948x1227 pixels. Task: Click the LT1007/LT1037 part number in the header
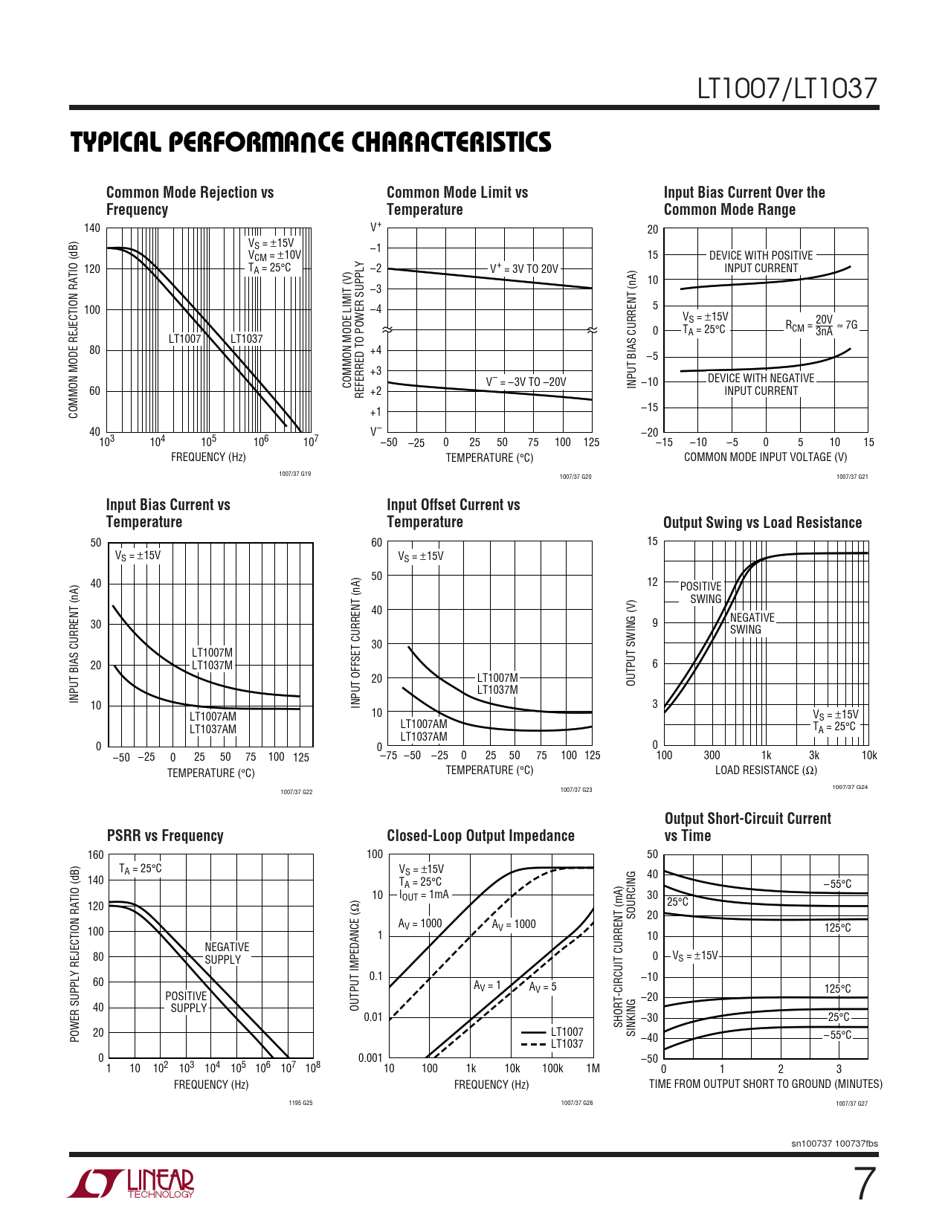coord(787,89)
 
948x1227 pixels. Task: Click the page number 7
coord(864,1184)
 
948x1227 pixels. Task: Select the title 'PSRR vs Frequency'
coord(165,835)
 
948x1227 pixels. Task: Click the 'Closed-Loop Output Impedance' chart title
coord(480,835)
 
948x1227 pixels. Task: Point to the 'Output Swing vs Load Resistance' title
coord(762,522)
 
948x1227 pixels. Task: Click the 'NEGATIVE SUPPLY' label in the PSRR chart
coord(226,953)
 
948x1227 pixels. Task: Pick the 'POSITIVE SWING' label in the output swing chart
coord(700,593)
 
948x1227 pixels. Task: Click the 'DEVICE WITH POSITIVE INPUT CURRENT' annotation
coord(761,262)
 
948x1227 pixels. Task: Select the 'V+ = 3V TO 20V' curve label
coord(523,268)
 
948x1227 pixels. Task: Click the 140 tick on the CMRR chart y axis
coord(91,228)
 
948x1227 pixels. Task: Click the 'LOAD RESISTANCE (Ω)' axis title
coord(765,770)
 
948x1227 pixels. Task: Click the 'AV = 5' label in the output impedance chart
coord(543,986)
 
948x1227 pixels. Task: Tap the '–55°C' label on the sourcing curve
coord(837,884)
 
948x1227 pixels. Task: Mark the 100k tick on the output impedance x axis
coord(552,1069)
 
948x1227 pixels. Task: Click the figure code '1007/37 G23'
coord(576,790)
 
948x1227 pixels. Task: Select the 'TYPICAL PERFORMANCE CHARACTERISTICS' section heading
coord(311,142)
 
